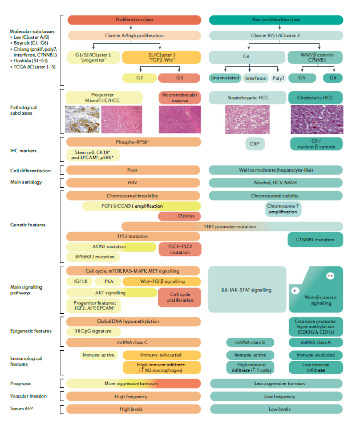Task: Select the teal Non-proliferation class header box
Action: point(276,20)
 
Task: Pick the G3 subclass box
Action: point(179,77)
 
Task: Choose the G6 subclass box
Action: point(333,77)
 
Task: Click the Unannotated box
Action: point(225,77)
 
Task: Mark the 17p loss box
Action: point(179,216)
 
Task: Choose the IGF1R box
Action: point(81,282)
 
